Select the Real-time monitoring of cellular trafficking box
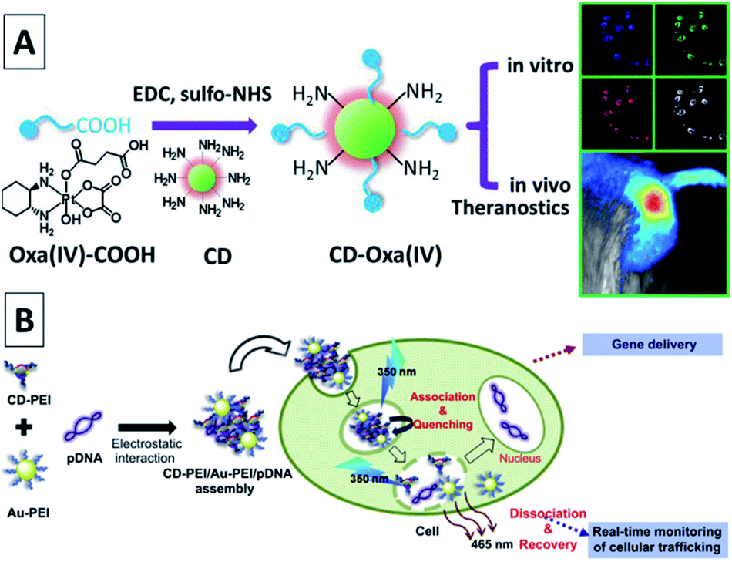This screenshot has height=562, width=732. click(656, 539)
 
